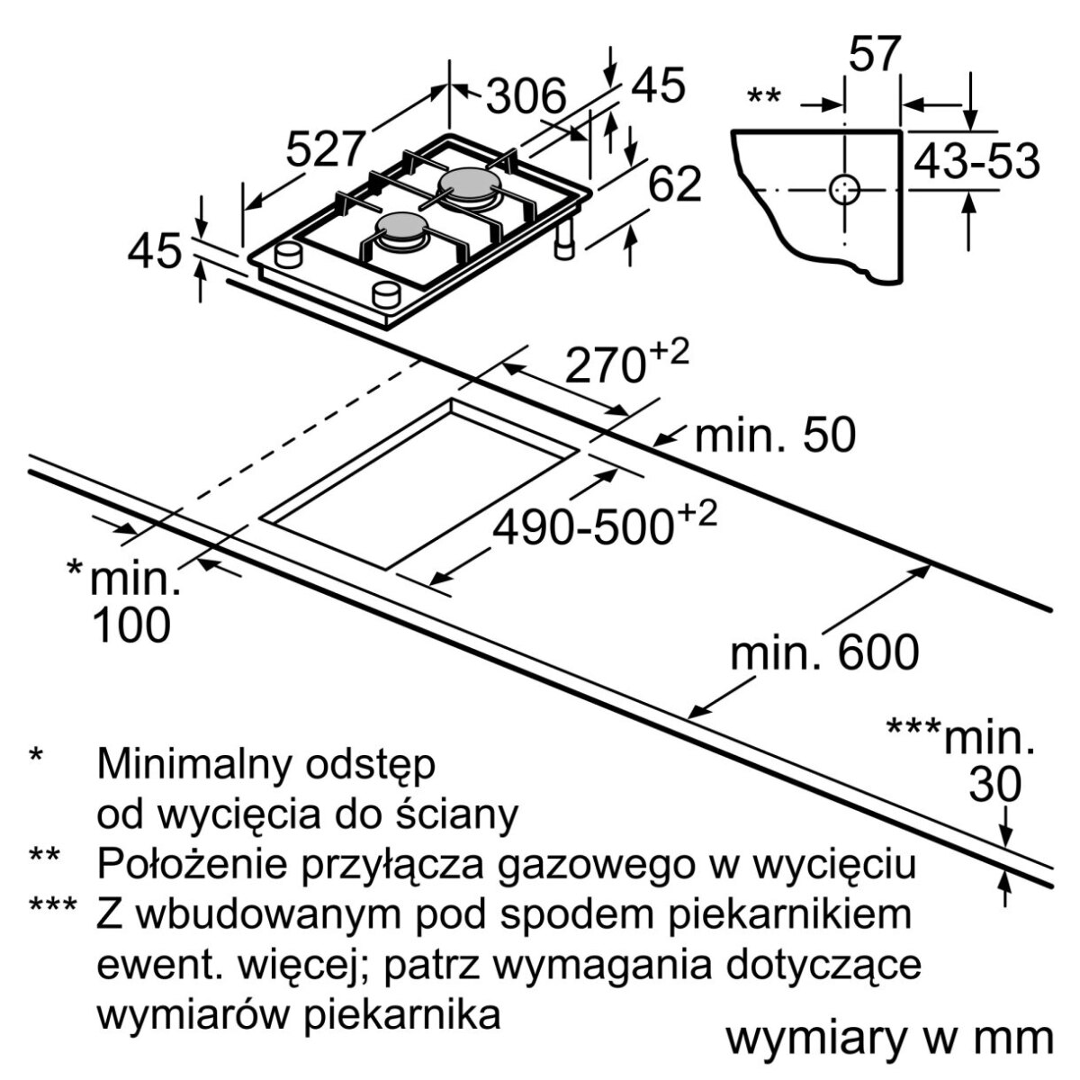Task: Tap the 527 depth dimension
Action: (x=327, y=150)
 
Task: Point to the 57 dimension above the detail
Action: (x=874, y=55)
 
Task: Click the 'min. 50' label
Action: (x=775, y=437)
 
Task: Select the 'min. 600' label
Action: (x=824, y=653)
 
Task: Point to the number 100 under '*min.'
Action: (x=131, y=625)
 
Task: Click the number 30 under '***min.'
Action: (x=995, y=786)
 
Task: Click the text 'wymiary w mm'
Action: (x=889, y=1039)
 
